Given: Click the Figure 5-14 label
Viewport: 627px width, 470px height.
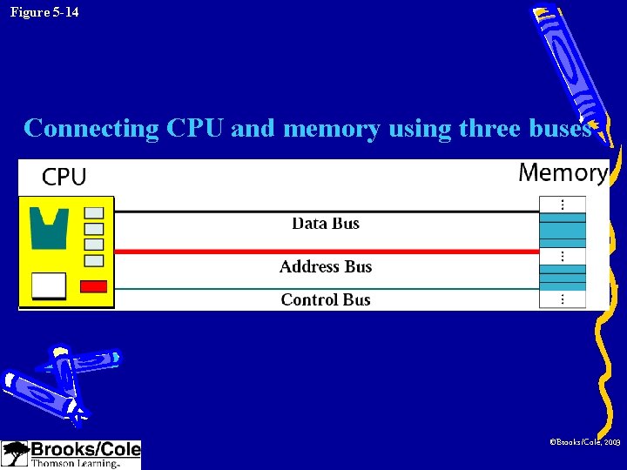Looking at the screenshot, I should click(x=44, y=12).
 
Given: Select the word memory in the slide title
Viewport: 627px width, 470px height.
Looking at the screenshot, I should click(x=331, y=129).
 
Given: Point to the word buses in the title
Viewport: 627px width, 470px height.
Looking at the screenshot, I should click(x=559, y=129).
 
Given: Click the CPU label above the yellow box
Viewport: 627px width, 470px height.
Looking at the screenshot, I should click(x=64, y=178).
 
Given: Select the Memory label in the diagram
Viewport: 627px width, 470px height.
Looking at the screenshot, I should click(x=563, y=172).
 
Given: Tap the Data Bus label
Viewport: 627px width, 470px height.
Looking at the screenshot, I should click(x=326, y=224).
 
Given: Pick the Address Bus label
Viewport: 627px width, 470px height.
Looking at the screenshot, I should click(x=326, y=267).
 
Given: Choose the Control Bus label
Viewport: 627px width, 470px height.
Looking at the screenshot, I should click(x=326, y=300).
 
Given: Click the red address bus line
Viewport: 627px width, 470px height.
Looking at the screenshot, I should click(x=218, y=252).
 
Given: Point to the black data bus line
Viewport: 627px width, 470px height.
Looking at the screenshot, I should click(x=218, y=211).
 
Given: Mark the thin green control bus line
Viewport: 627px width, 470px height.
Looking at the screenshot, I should click(x=218, y=288).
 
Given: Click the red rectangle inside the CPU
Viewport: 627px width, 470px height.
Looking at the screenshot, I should click(x=93, y=286).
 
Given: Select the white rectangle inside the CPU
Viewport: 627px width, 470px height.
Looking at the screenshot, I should click(x=49, y=285).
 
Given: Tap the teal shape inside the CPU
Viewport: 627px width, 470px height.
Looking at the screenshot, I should click(x=50, y=227).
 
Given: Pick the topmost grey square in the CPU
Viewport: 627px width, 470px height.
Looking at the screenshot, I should click(x=93, y=212).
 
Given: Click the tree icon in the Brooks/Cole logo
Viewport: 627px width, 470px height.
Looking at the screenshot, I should click(x=15, y=453).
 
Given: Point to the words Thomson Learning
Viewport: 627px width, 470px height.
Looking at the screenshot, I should click(x=75, y=464).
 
